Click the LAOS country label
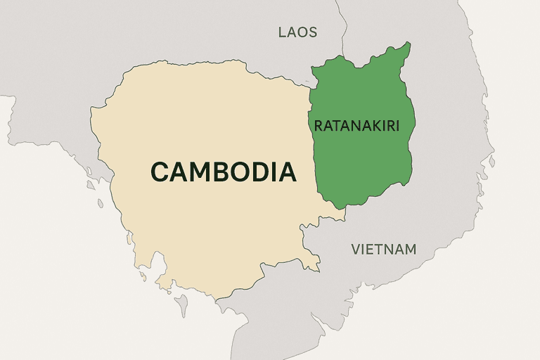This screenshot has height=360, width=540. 297,32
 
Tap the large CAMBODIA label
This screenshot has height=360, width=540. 223,172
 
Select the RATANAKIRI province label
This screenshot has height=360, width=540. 356,127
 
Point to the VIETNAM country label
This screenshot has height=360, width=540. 383,249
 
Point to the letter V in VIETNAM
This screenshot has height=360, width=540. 356,249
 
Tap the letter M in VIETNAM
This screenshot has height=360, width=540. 411,249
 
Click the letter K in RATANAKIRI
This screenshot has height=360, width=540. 375,127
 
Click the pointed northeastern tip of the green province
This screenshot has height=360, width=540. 409,44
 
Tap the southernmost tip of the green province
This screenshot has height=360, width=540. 342,207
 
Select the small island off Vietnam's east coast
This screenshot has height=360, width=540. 492,163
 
